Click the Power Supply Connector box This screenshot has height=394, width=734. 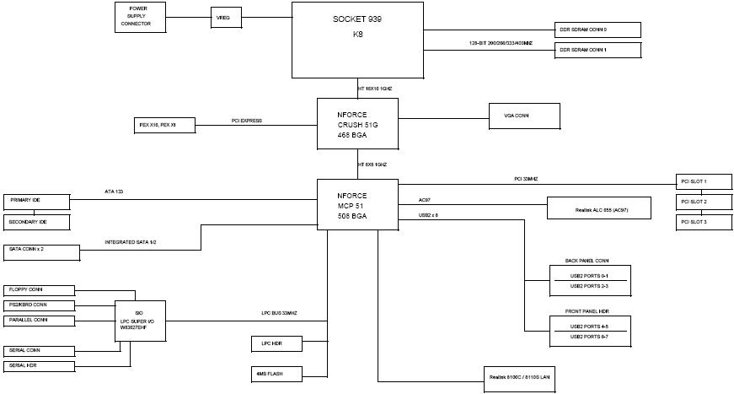pyautogui.click(x=140, y=17)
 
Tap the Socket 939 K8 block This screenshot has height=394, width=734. pyautogui.click(x=357, y=40)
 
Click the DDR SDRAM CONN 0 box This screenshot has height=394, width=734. pyautogui.click(x=597, y=30)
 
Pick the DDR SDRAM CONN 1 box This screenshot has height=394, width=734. pyautogui.click(x=597, y=51)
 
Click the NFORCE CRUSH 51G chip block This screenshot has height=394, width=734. pyautogui.click(x=357, y=123)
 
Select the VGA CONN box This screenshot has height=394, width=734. pyautogui.click(x=525, y=116)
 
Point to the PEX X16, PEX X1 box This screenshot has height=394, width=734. pyautogui.click(x=164, y=125)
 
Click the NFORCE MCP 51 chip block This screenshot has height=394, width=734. pyautogui.click(x=357, y=205)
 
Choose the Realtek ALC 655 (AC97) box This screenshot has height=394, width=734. pyautogui.click(x=599, y=208)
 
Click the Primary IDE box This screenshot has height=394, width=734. pyautogui.click(x=36, y=201)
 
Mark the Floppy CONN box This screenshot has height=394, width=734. pyautogui.click(x=40, y=289)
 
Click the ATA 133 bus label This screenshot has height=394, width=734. pyautogui.click(x=115, y=193)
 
